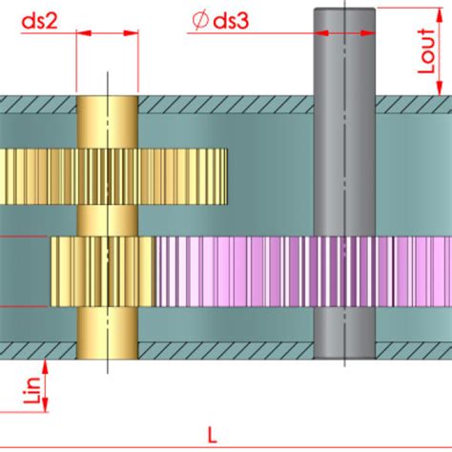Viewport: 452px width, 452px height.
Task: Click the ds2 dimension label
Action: (41, 18)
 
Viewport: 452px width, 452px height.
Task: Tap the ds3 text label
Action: (229, 18)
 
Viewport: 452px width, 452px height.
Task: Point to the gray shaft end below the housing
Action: (345, 358)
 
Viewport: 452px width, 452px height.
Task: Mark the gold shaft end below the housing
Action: (107, 357)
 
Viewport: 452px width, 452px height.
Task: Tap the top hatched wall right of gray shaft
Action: (414, 101)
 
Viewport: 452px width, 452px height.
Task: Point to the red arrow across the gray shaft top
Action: (345, 31)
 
